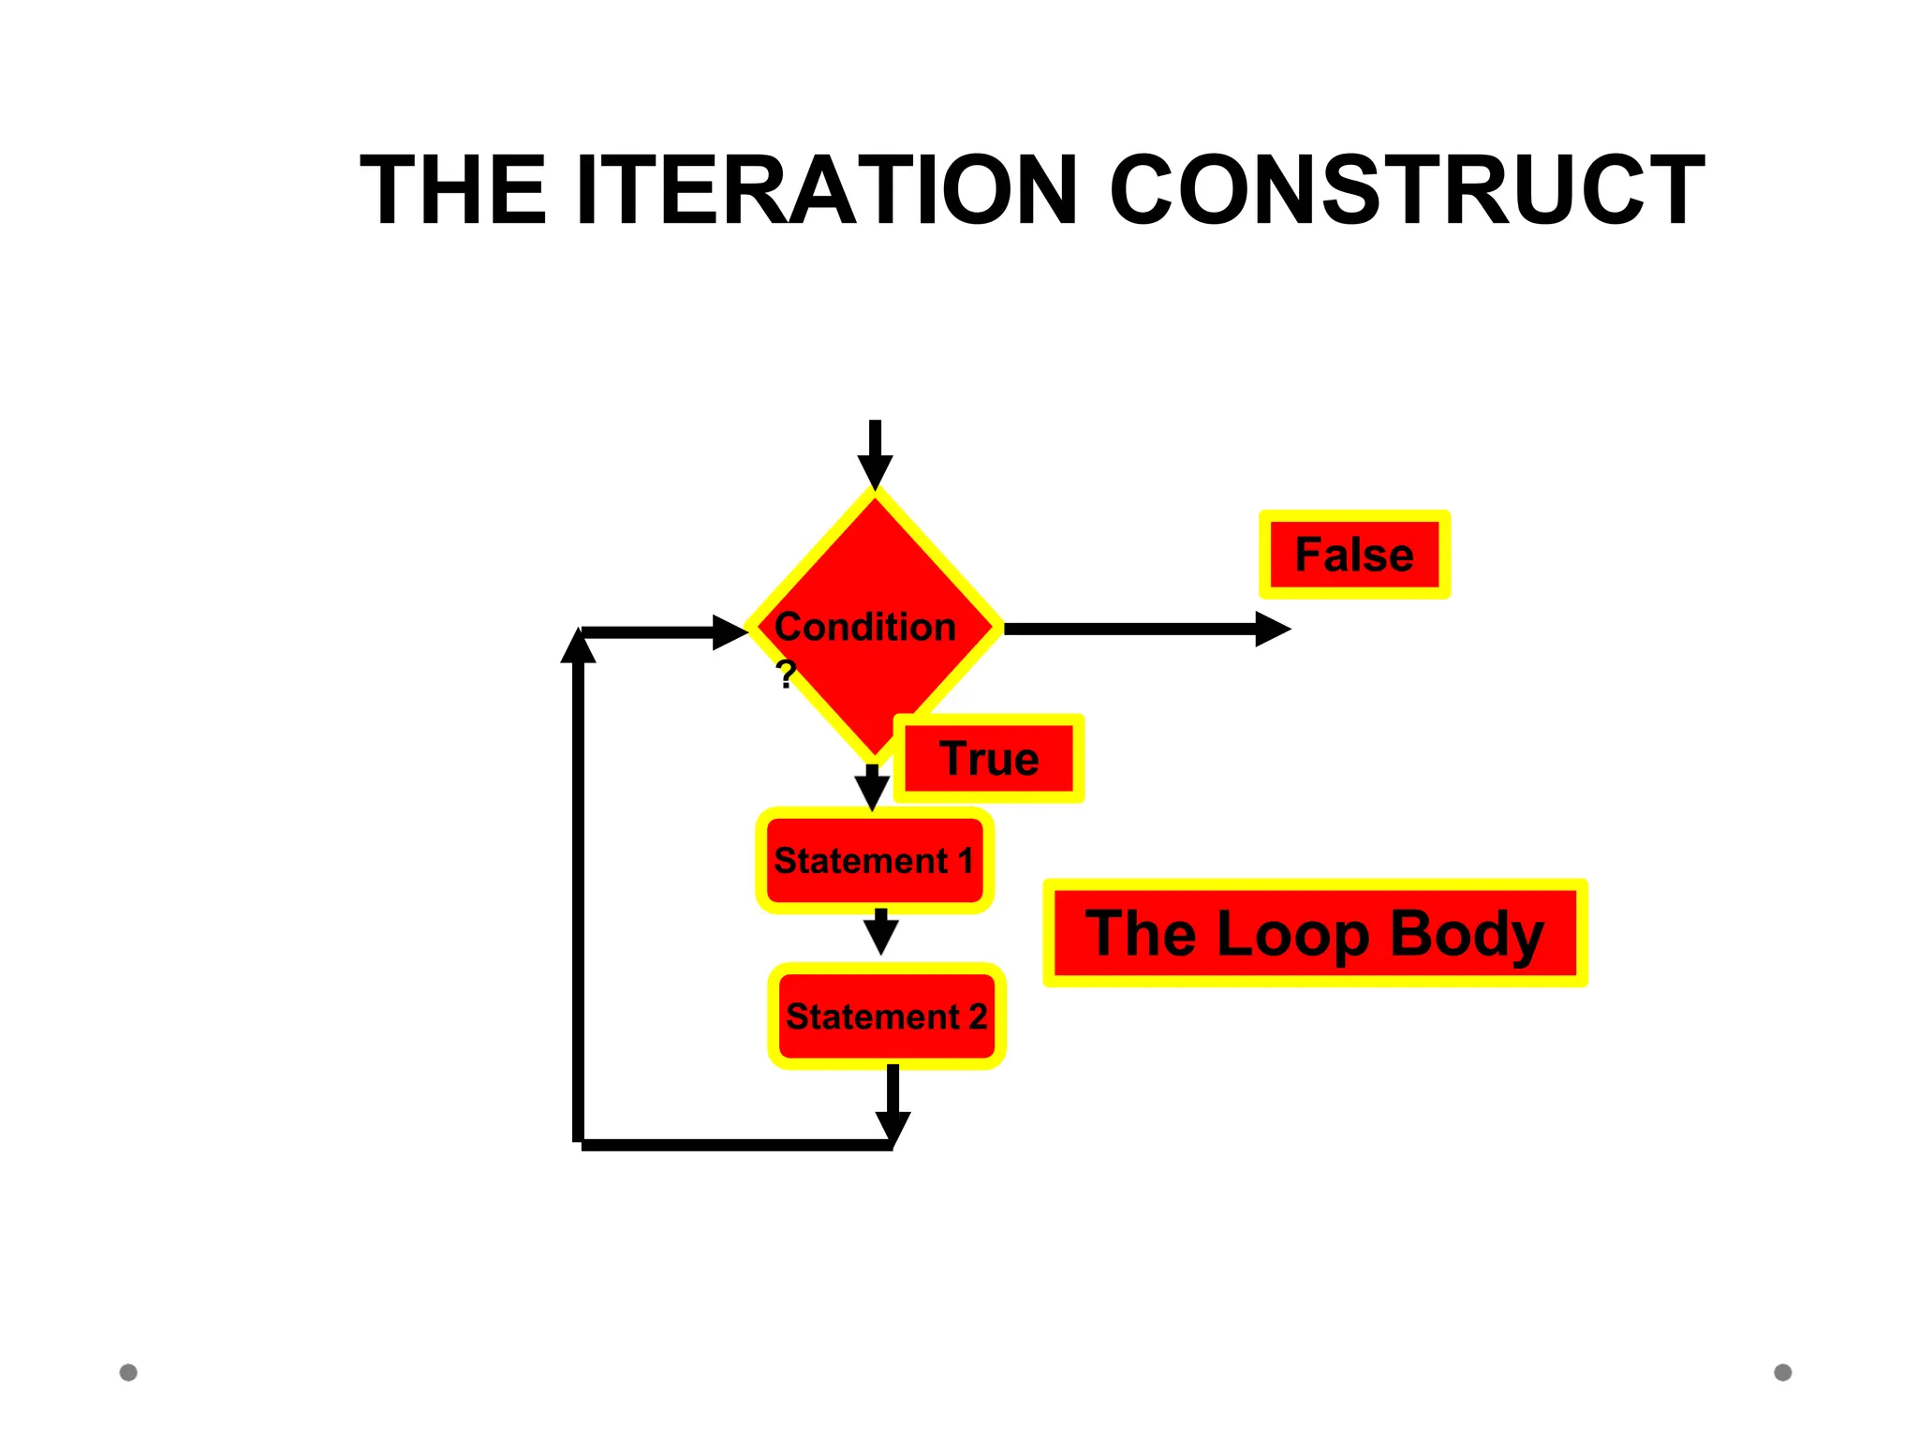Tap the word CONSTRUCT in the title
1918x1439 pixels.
click(1407, 191)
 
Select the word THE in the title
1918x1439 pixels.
click(453, 191)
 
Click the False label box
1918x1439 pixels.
click(1354, 555)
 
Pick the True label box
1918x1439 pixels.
click(989, 759)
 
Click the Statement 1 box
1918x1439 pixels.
click(875, 860)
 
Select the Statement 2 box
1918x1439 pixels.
click(887, 1016)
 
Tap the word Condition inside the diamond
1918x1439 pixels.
click(865, 627)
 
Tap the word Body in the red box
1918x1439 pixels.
click(1466, 934)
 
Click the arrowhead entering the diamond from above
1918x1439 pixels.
click(875, 472)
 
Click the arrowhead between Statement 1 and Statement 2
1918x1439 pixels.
click(880, 935)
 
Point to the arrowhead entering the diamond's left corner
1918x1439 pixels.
click(730, 632)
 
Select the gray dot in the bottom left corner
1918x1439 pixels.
click(128, 1372)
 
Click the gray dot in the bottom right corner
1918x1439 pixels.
click(1783, 1372)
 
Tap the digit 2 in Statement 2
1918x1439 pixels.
click(977, 1016)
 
